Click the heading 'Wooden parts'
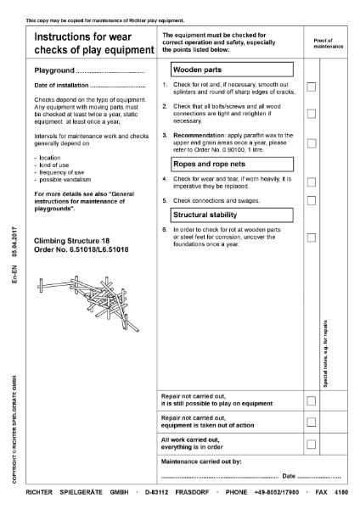(x=202, y=70)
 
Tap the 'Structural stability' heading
(x=209, y=215)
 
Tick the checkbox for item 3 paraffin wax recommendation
(x=312, y=143)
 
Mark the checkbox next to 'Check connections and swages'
(x=312, y=200)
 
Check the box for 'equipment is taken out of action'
(x=312, y=422)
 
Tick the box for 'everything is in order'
(x=312, y=444)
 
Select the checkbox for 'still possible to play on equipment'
(x=312, y=400)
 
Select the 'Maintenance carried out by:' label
(x=201, y=461)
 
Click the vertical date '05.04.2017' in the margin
(x=15, y=240)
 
